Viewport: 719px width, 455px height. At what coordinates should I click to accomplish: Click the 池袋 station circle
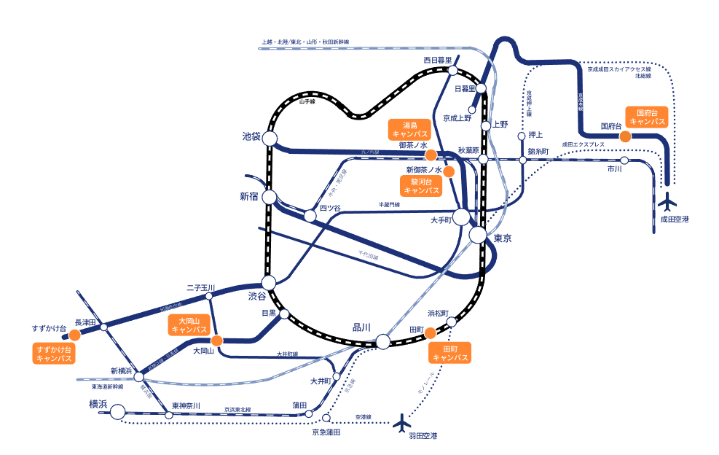click(270, 139)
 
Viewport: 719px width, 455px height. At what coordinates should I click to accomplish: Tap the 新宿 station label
click(249, 196)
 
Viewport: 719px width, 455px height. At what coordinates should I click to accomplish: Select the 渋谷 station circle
click(269, 282)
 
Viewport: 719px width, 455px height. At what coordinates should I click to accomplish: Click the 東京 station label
click(503, 239)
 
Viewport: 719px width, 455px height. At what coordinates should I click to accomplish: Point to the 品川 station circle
click(383, 341)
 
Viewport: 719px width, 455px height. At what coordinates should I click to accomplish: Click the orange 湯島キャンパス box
click(409, 130)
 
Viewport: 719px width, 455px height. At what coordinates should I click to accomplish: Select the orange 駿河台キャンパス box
click(422, 185)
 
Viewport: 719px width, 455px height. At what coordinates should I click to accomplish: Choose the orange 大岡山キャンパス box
click(189, 324)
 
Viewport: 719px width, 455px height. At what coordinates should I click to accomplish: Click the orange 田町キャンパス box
click(449, 352)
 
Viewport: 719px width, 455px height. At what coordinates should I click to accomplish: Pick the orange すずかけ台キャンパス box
click(53, 354)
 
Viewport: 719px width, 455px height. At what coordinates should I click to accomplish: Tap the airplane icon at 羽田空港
click(401, 421)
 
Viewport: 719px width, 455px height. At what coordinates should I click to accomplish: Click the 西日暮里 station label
click(439, 60)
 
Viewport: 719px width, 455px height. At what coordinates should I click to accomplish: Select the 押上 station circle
click(522, 136)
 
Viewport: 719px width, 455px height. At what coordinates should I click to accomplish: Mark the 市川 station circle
click(624, 160)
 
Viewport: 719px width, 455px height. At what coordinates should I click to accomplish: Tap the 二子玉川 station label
click(201, 288)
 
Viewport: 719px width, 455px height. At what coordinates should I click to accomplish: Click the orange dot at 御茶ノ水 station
click(431, 155)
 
